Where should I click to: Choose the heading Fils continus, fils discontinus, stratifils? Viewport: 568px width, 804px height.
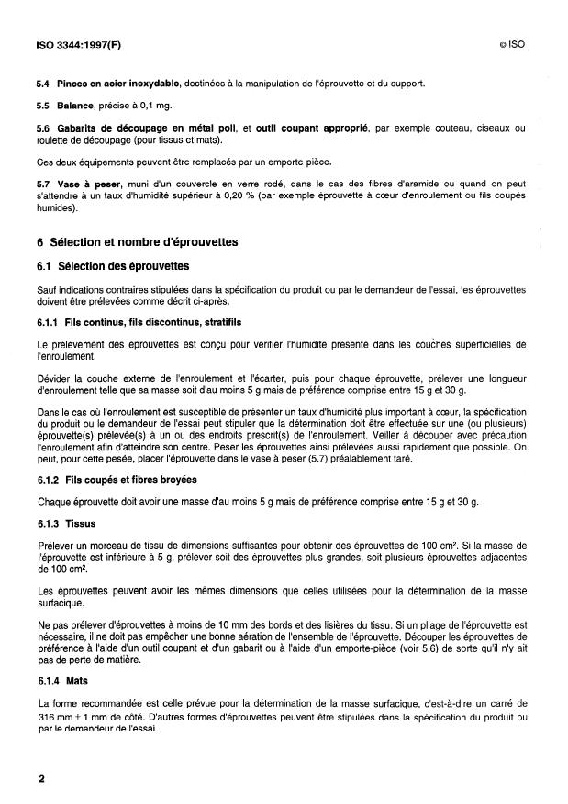(155, 322)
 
